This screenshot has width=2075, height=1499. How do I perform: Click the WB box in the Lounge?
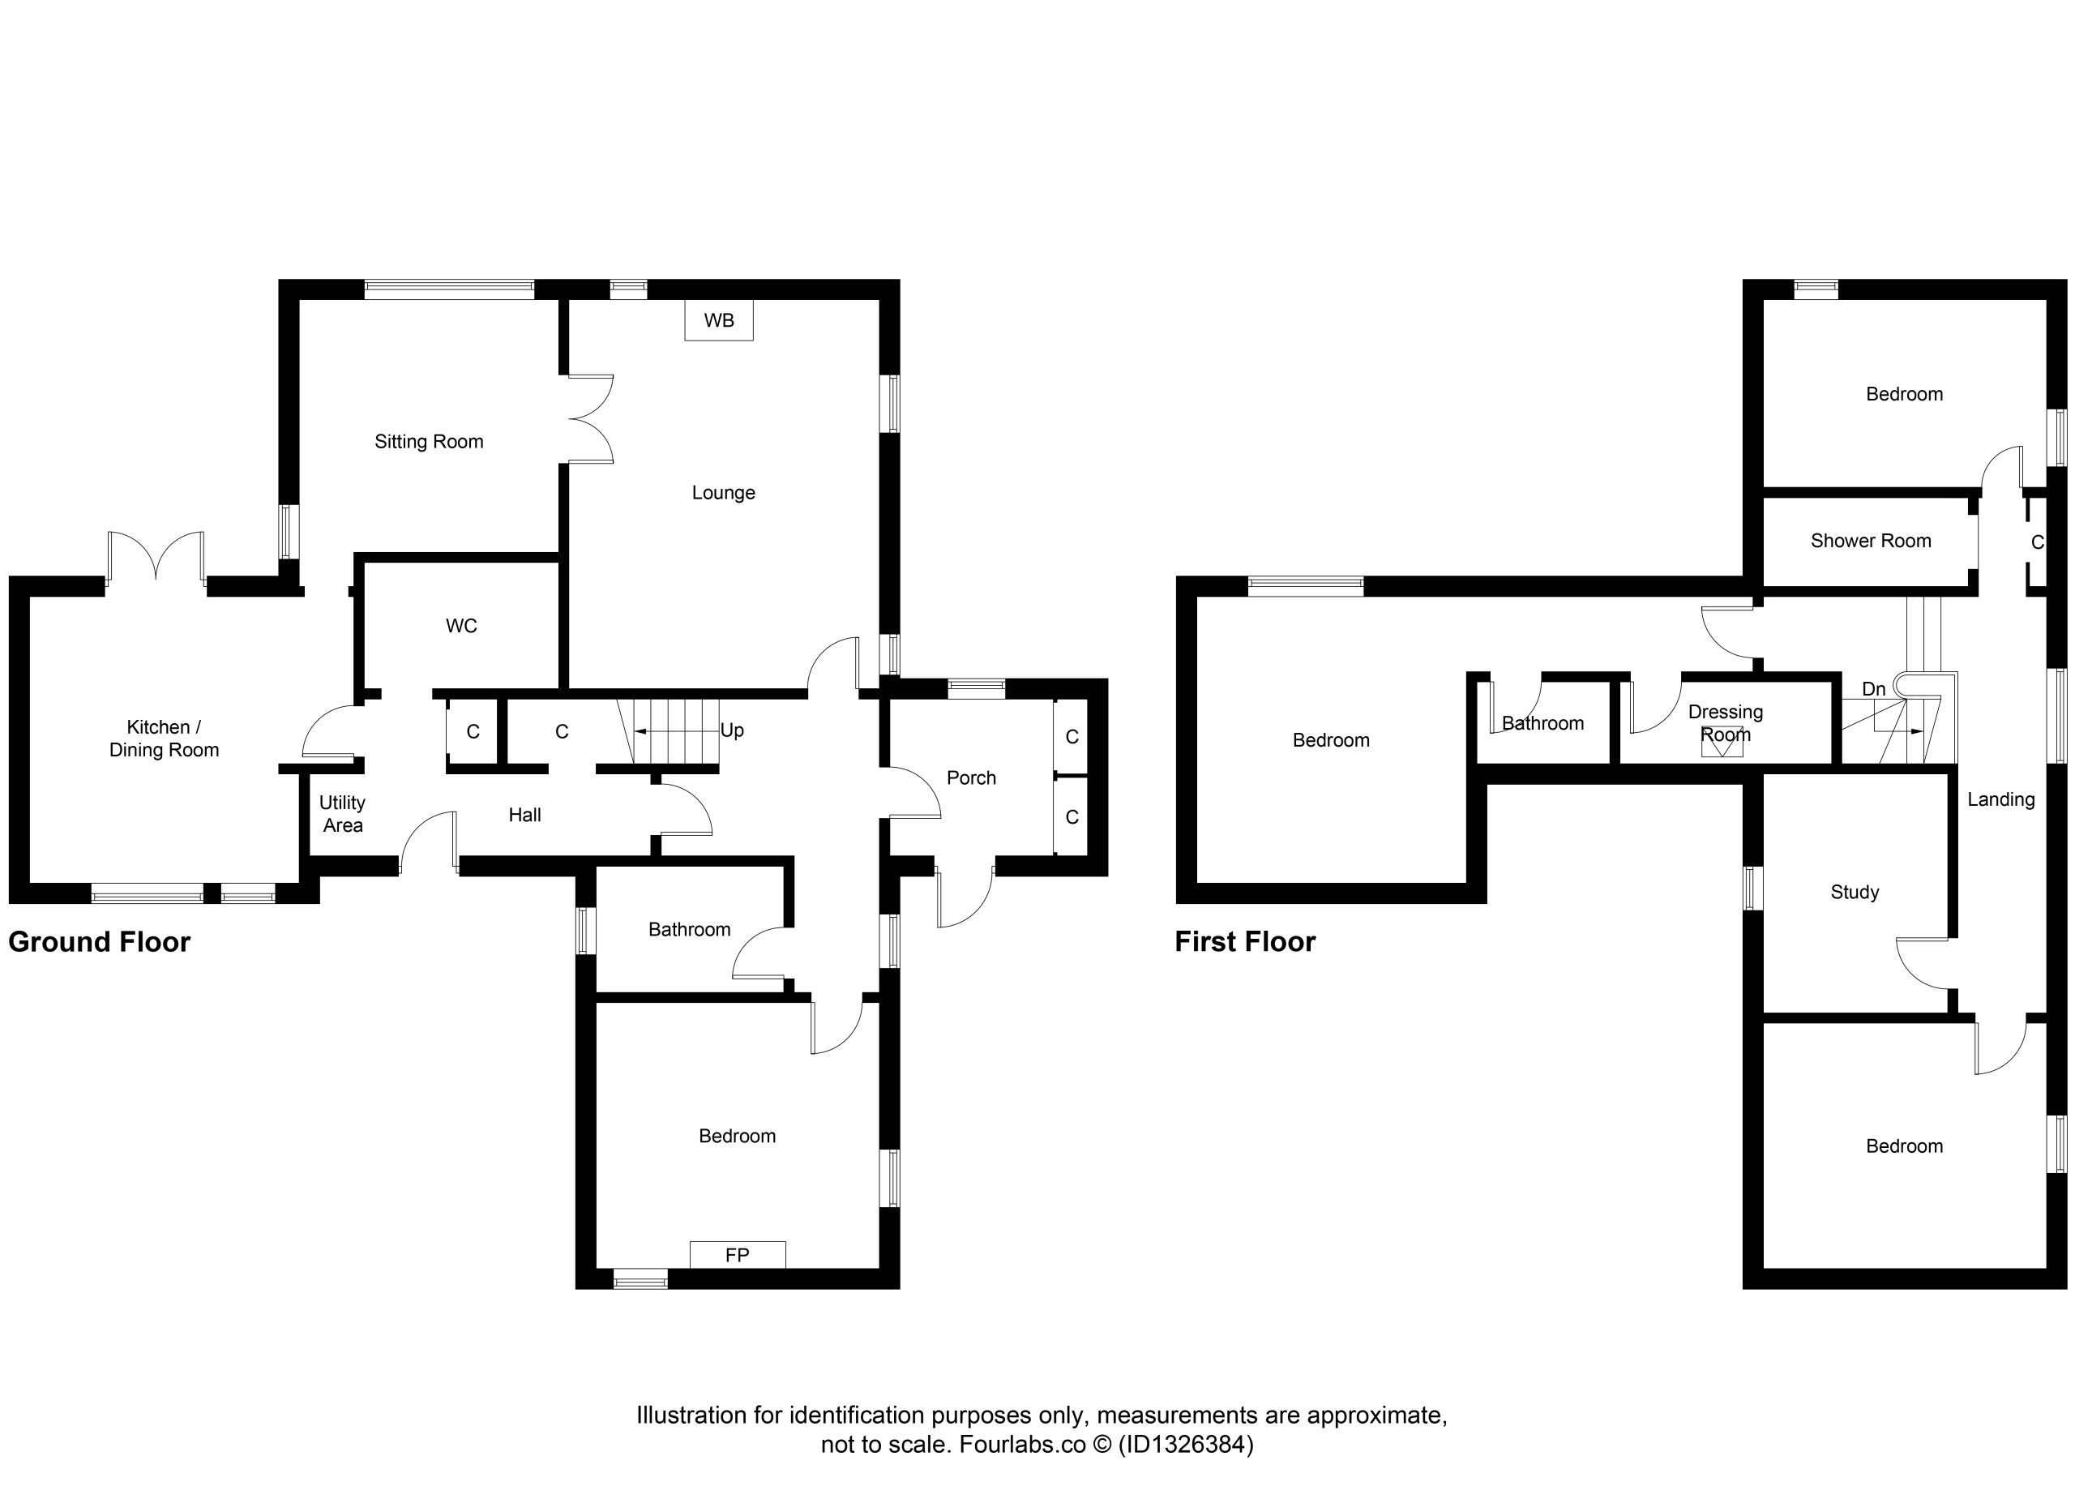point(719,320)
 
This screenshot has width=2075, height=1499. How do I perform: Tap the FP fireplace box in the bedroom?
point(738,1255)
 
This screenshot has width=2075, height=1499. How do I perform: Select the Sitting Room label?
point(429,442)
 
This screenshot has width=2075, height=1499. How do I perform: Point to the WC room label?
point(461,626)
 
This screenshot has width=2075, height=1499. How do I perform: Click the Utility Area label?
point(342,814)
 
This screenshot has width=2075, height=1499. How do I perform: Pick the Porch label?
point(972,777)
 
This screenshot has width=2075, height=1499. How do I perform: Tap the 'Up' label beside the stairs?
point(732,730)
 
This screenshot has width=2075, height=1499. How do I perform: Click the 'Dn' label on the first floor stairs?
point(1874,689)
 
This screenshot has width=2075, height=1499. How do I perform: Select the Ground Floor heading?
point(100,942)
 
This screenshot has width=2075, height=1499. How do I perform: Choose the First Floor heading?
point(1245,942)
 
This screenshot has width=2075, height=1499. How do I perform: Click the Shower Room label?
point(1871,541)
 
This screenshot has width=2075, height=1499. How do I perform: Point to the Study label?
point(1855,893)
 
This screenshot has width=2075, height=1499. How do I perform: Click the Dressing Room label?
point(1726,723)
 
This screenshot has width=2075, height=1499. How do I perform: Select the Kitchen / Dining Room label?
point(164,739)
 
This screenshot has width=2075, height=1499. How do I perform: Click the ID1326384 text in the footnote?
point(1186,1444)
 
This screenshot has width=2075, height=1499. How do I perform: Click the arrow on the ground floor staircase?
point(677,732)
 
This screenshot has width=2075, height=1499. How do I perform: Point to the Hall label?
point(525,816)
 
